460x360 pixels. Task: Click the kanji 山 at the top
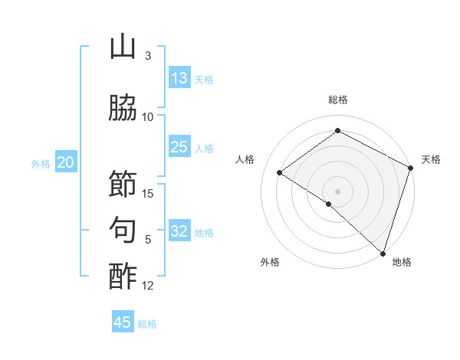point(123,47)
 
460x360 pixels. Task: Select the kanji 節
point(123,184)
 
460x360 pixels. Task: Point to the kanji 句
point(123,230)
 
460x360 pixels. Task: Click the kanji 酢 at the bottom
point(123,277)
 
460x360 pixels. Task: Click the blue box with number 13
point(179,78)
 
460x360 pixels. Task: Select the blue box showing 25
point(179,147)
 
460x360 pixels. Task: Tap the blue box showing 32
point(179,231)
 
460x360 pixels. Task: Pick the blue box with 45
point(123,322)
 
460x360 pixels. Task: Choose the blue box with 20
point(66,162)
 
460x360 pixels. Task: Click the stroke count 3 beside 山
point(147,56)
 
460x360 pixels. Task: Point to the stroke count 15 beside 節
point(149,193)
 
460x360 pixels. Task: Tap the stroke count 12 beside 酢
point(149,286)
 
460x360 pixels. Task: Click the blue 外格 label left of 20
point(41,163)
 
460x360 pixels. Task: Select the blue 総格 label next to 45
point(147,323)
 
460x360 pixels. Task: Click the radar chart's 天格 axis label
point(431,159)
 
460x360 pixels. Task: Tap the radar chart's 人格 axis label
point(245,159)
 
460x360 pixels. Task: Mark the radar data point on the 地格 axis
point(383,254)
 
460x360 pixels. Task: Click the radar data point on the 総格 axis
point(337,131)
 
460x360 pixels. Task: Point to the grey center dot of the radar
point(337,191)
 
